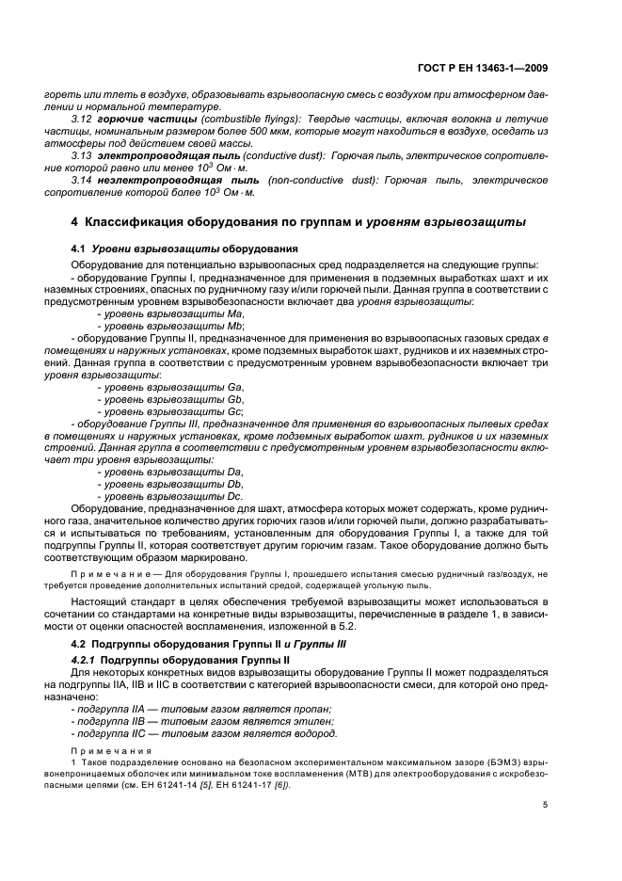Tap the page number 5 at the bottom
click(546, 804)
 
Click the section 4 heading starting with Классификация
click(298, 222)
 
